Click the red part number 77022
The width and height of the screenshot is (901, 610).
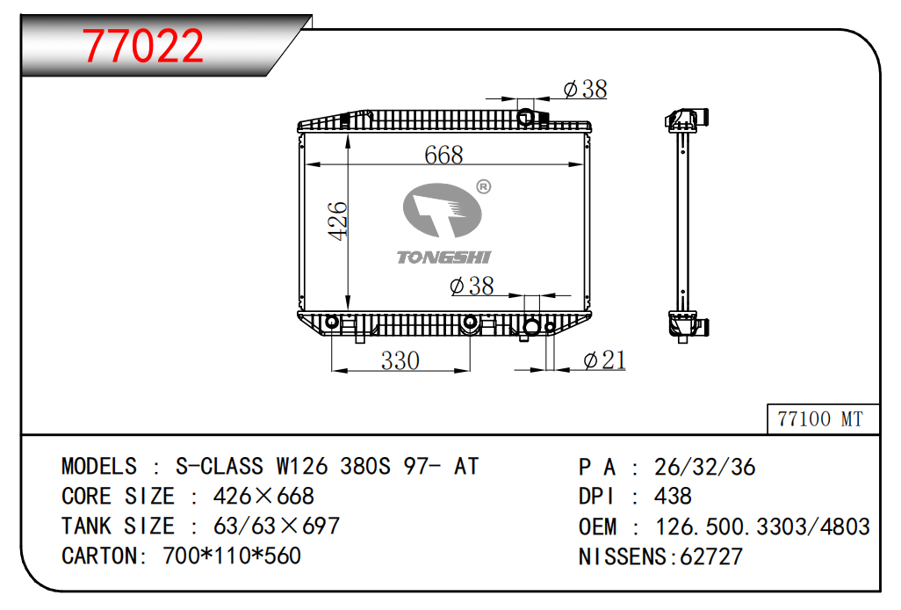143,46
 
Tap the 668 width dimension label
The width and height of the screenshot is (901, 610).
443,155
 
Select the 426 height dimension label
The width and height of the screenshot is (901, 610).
337,221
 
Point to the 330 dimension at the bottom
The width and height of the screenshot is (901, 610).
400,360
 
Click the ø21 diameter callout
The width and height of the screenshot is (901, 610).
604,360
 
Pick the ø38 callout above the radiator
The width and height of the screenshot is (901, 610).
585,89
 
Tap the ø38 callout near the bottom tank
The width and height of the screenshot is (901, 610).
472,286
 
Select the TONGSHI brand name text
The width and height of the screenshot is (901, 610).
443,257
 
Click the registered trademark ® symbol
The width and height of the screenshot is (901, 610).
484,187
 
